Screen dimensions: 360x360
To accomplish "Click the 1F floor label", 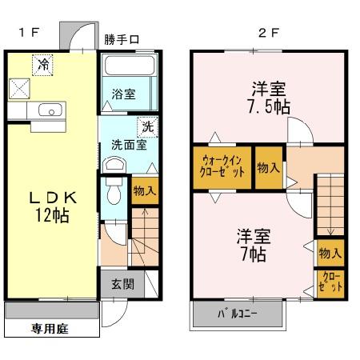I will (x=29, y=33).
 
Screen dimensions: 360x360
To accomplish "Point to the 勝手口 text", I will (x=122, y=39).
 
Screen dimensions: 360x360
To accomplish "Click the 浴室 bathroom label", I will (x=123, y=94).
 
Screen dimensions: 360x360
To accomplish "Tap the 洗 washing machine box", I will (x=147, y=126).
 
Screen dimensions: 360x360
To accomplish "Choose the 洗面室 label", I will (x=127, y=146).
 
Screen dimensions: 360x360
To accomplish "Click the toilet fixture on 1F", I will (x=114, y=190).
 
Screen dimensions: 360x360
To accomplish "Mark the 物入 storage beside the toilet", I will (x=144, y=190).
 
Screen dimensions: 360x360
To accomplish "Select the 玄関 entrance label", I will (x=123, y=283).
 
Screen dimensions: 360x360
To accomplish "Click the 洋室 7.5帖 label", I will (x=269, y=96).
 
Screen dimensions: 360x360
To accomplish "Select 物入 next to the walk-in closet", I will (x=268, y=167).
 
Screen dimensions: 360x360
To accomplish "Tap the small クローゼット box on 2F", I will (x=330, y=282).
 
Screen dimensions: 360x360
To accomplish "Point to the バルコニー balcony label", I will (x=238, y=314).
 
